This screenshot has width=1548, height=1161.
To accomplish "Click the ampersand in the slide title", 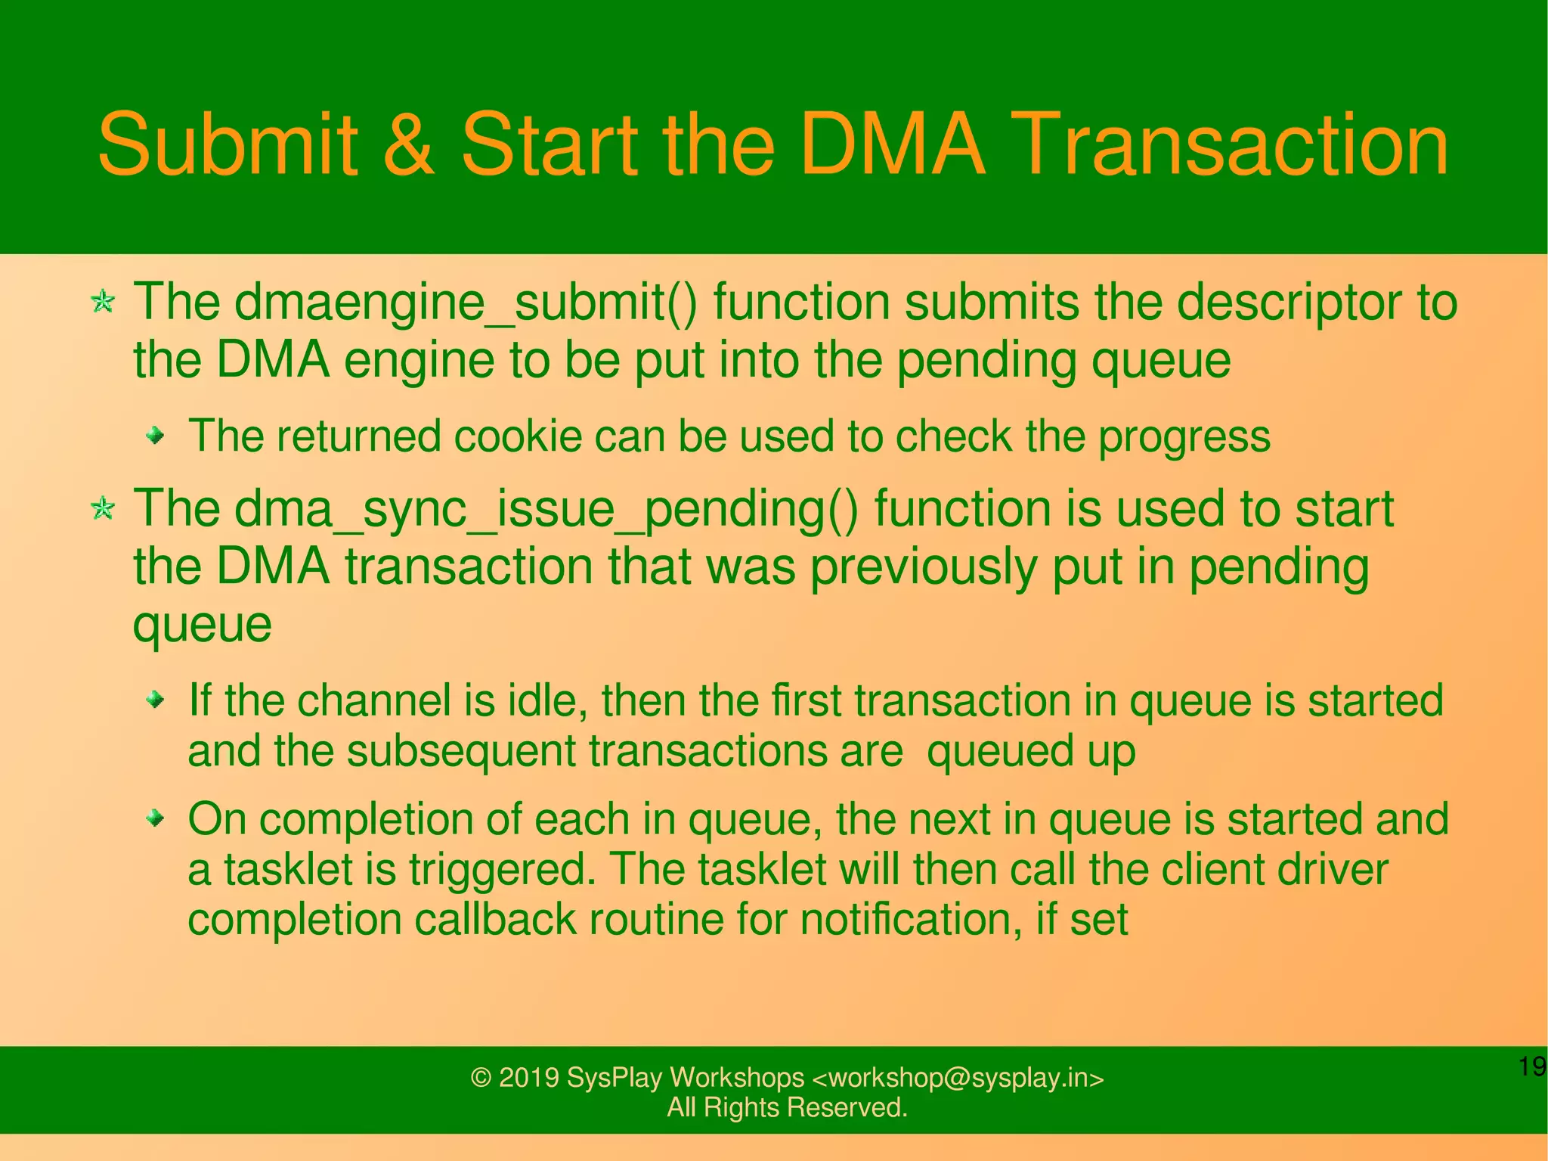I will coord(409,144).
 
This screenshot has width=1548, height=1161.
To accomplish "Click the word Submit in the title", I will coord(228,144).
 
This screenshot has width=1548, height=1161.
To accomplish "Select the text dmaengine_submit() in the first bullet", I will coord(466,303).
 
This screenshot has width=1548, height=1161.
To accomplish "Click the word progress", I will coord(1184,439).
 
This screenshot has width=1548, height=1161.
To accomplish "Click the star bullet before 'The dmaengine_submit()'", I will coord(103,303).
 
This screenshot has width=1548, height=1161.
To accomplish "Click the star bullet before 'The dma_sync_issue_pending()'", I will coord(103,508).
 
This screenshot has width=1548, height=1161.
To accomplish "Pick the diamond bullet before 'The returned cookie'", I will coord(155,436).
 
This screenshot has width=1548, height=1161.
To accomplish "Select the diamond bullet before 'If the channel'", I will coord(155,700).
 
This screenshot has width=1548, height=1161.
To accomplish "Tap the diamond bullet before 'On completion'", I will coord(155,818).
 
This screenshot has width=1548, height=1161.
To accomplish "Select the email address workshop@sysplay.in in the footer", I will coord(957,1078).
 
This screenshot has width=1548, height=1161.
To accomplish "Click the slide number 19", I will coord(1531,1067).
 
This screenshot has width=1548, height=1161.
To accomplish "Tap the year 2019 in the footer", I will coord(528,1078).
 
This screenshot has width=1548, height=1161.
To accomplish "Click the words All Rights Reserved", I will coord(787,1108).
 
